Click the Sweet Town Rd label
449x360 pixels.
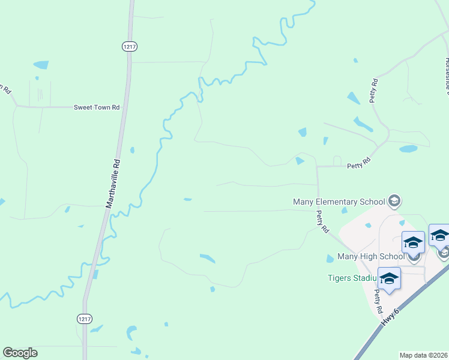point(97,107)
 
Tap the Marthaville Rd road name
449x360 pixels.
point(113,183)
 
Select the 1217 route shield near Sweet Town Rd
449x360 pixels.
point(128,46)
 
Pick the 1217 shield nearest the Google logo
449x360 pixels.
point(84,319)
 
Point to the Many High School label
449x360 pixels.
point(371,256)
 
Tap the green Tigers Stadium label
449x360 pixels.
point(352,278)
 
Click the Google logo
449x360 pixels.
point(20,353)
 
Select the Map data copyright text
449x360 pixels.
point(424,355)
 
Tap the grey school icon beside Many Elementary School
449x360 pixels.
point(394,200)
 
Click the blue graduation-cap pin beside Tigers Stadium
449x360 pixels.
point(389,279)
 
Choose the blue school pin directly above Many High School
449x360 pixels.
point(413,242)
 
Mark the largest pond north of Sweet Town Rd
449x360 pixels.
point(41,65)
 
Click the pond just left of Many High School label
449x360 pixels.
point(330,259)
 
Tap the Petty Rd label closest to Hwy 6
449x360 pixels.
point(378,302)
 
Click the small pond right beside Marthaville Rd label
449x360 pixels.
point(131,150)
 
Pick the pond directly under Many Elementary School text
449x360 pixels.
point(344,211)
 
